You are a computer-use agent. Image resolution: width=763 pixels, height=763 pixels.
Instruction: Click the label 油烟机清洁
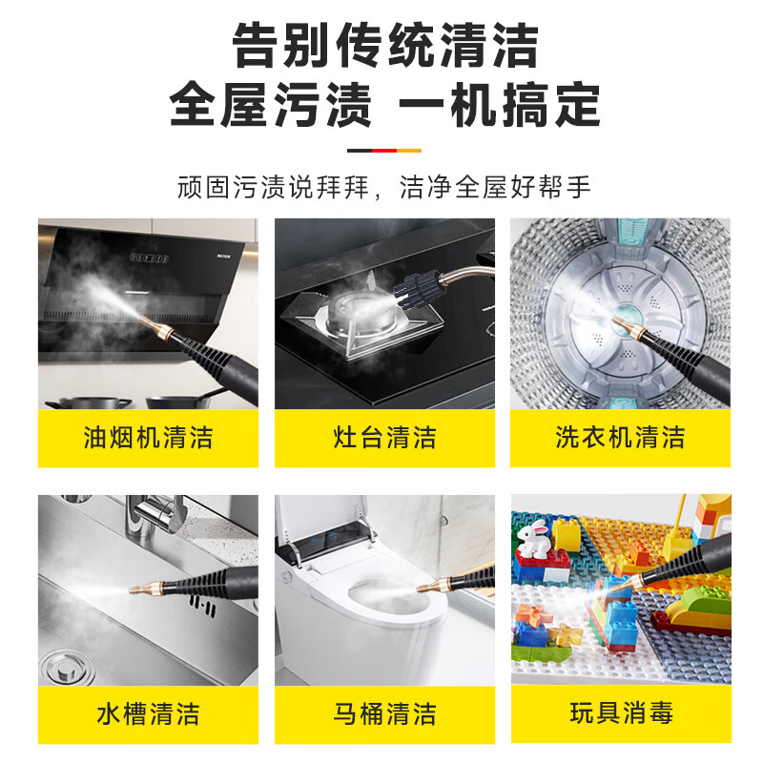(148, 438)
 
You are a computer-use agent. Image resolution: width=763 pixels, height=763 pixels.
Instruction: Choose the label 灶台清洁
(385, 438)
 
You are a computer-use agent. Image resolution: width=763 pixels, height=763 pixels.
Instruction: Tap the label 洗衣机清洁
(621, 438)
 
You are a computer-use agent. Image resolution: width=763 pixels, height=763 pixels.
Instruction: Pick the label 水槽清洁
(148, 713)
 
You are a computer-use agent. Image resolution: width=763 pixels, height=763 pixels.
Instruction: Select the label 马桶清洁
(385, 713)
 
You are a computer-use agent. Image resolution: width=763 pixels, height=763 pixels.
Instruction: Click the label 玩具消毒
(621, 713)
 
